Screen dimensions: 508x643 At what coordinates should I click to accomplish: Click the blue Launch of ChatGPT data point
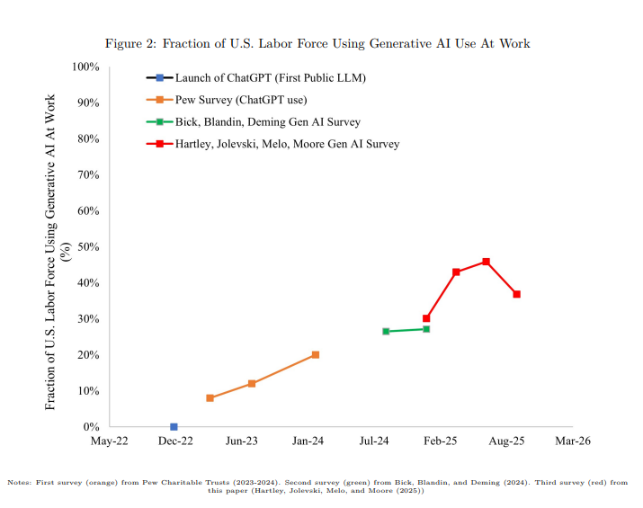(174, 426)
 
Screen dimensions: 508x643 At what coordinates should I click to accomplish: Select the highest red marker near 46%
(486, 262)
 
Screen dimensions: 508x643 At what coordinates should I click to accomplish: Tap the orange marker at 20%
(315, 354)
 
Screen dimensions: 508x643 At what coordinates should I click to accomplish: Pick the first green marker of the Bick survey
(386, 331)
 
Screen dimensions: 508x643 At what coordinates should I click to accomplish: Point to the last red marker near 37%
(516, 294)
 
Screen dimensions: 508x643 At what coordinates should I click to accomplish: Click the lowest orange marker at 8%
(210, 397)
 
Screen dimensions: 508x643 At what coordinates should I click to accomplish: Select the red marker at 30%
(426, 318)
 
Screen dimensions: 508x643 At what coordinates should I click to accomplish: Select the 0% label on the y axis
(91, 426)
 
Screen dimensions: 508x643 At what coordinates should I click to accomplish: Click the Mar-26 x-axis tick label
(572, 441)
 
